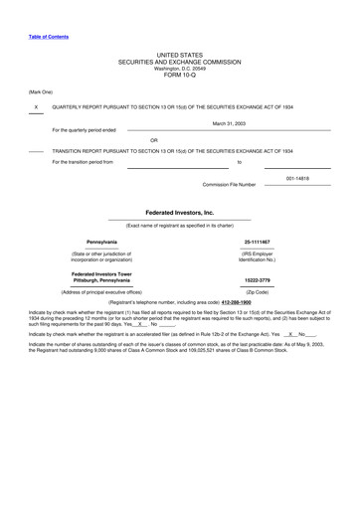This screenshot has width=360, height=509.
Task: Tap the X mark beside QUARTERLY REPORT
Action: [x=36, y=106]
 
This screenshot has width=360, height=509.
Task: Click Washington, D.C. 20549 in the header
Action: [x=179, y=66]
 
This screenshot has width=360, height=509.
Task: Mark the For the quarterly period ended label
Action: [x=84, y=130]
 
